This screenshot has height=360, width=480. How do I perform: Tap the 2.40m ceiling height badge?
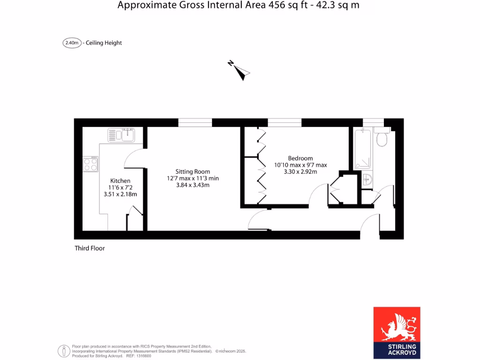tap(72, 43)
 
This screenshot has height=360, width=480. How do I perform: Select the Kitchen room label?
tap(120, 180)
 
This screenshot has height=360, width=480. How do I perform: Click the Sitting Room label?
tap(193, 172)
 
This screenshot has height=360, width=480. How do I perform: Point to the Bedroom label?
tap(300, 158)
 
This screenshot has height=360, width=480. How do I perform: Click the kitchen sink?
tap(121, 135)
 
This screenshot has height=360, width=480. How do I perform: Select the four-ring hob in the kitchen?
tap(91, 164)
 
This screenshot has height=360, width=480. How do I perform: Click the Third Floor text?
tap(90, 248)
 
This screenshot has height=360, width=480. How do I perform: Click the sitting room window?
tap(195, 123)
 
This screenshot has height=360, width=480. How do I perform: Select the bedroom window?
tap(285, 123)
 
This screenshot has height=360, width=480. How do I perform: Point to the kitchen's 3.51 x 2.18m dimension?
tap(120, 195)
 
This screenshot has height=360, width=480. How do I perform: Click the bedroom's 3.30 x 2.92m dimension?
tap(300, 172)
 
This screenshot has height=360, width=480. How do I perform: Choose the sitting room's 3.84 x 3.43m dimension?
tap(193, 185)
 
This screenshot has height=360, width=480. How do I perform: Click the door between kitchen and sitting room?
tap(135, 157)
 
